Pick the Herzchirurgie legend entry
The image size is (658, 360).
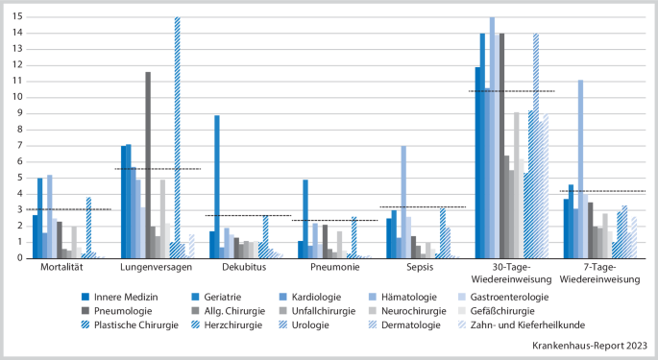coord(228,326)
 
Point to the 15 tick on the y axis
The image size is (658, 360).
coord(16,16)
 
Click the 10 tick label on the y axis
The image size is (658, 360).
coord(16,97)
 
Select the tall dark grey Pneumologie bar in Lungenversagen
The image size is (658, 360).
coord(148,164)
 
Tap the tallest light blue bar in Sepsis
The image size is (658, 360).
coord(403,202)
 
